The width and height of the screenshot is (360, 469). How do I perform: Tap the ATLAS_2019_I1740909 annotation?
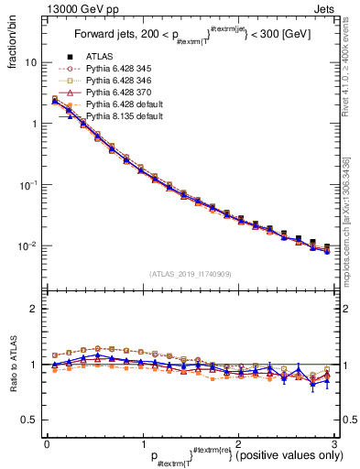[x=189, y=274]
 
